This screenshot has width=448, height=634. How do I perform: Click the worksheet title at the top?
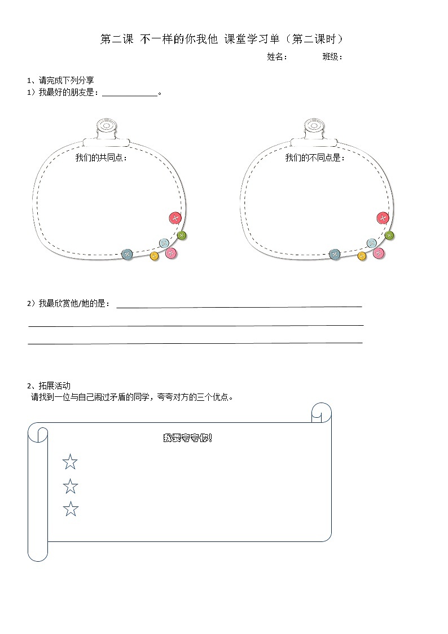tap(222, 39)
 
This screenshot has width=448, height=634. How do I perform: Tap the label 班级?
tap(332, 56)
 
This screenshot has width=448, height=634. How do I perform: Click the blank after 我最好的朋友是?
tap(129, 93)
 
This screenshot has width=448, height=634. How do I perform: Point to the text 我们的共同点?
tap(102, 158)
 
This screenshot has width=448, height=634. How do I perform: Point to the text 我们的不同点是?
tap(314, 158)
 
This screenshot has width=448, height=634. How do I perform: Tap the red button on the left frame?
tap(175, 218)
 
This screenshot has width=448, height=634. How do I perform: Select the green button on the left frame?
tap(182, 235)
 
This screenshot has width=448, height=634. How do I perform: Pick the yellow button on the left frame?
tap(154, 256)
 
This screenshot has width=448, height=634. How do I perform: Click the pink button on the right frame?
tap(379, 253)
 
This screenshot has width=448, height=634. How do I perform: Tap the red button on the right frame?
tap(383, 218)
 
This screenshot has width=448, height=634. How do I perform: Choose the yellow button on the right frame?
tap(362, 256)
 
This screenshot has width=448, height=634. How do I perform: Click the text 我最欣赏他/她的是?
tap(69, 304)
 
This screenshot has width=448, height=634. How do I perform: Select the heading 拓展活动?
tap(49, 386)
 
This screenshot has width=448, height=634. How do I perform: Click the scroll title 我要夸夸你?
tap(187, 438)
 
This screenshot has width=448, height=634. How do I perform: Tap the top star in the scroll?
tap(70, 462)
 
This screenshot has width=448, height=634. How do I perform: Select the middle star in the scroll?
tap(70, 486)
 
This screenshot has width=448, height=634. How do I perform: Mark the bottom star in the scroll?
tap(71, 509)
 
